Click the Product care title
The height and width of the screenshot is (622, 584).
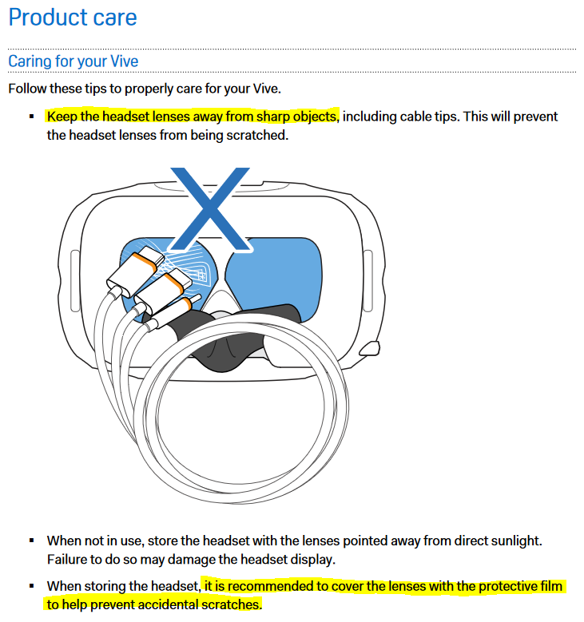tap(73, 18)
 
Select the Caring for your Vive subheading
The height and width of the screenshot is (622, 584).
tap(73, 61)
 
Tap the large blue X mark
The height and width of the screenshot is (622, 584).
tap(210, 209)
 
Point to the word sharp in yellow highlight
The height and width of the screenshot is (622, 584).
tap(274, 117)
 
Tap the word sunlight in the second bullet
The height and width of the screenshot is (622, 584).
tap(516, 541)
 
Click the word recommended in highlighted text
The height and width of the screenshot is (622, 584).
tap(270, 586)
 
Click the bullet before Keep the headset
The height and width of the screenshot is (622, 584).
tap(32, 117)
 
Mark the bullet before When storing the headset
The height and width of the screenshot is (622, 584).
tap(32, 586)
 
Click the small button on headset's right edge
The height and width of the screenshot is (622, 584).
tap(370, 349)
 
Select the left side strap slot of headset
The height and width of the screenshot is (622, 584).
tap(75, 281)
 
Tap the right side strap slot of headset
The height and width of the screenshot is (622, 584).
tap(368, 281)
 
